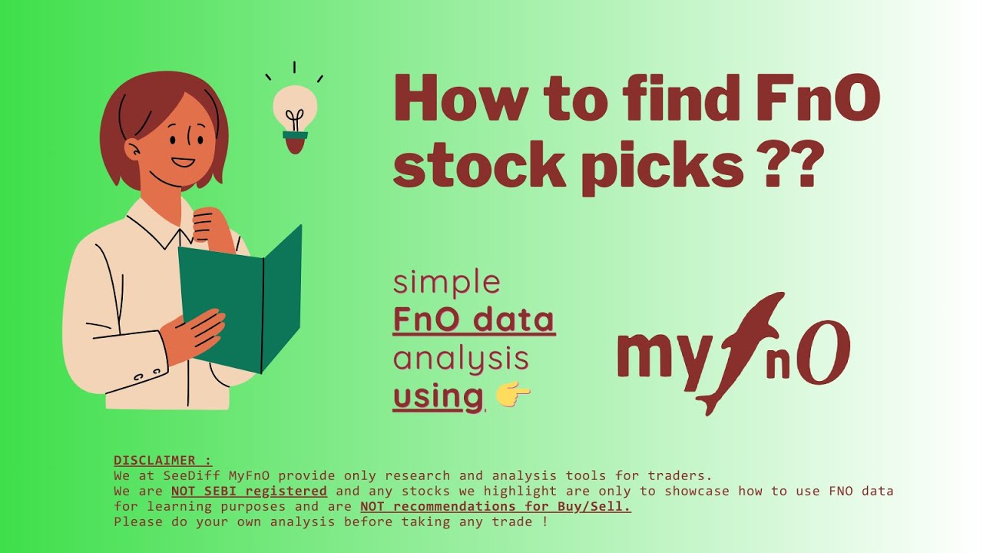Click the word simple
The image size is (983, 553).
446,283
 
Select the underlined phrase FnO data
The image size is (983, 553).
474,320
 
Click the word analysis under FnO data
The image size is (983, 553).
461,359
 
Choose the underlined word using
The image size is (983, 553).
438,397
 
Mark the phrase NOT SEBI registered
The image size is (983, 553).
249,491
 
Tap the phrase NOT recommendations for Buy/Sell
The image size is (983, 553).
495,506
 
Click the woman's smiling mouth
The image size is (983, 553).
183,162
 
